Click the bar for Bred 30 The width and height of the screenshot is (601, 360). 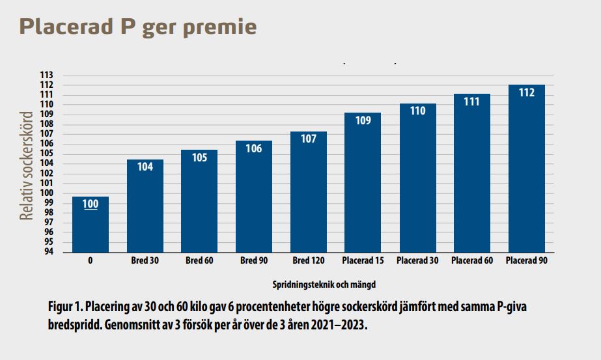click(x=145, y=206)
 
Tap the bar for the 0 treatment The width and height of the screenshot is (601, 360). click(x=91, y=225)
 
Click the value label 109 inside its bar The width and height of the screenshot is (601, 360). click(x=363, y=120)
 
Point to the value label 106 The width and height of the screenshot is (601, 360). click(x=254, y=148)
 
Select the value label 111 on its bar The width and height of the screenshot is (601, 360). click(x=471, y=102)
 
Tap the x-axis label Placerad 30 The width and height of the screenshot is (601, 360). click(x=417, y=261)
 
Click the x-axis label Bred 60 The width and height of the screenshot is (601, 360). click(x=199, y=261)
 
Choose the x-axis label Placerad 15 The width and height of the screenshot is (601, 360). click(x=363, y=261)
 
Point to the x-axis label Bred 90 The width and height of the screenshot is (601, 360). click(x=254, y=261)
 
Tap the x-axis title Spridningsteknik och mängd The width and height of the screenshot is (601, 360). click(x=324, y=284)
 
